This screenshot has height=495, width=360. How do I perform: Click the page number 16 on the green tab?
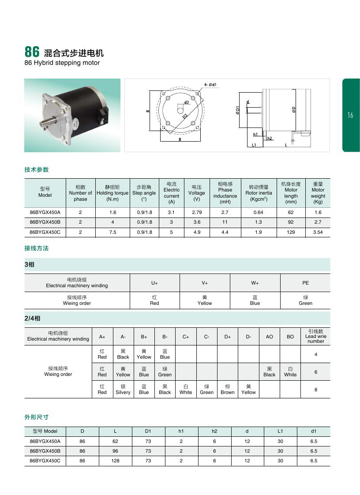point(350,115)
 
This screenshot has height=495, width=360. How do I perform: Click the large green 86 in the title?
point(32,52)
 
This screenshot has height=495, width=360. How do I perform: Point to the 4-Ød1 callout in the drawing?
point(210,85)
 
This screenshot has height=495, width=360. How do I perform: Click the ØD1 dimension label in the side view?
point(237,110)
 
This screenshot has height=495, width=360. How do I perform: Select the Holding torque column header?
point(112,193)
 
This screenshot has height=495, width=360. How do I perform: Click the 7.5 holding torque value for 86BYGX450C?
point(113,232)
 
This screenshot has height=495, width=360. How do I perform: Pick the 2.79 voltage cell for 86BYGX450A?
point(197,212)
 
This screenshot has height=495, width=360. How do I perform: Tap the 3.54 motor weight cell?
point(318,232)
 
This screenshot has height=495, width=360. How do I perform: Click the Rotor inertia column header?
point(259,193)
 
